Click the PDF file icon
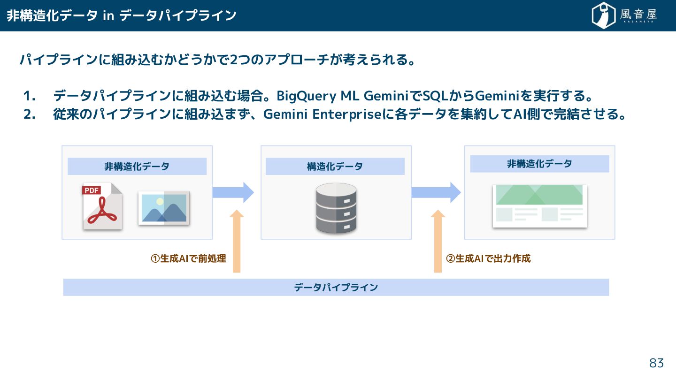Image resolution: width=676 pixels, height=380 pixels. click(x=102, y=206)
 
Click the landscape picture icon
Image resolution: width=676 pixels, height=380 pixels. click(x=164, y=208)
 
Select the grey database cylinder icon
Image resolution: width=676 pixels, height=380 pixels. click(x=336, y=208)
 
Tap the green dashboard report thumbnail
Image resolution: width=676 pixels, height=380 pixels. click(x=540, y=206)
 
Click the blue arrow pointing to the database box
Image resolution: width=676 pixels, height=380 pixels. click(x=233, y=192)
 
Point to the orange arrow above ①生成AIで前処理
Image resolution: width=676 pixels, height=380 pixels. click(x=237, y=241)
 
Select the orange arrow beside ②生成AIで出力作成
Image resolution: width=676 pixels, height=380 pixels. click(x=438, y=241)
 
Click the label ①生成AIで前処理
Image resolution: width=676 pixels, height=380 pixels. click(x=188, y=258)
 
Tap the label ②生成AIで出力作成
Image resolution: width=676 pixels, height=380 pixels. click(x=488, y=258)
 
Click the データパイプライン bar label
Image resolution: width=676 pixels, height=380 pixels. click(x=336, y=288)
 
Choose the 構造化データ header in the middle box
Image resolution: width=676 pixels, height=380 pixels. click(x=335, y=167)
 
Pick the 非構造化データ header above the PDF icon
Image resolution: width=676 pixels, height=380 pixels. click(x=137, y=167)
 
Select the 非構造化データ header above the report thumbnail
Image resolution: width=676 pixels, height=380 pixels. click(x=539, y=164)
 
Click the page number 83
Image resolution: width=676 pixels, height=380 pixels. click(x=656, y=363)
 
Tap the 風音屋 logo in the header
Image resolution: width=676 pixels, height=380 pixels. click(x=624, y=15)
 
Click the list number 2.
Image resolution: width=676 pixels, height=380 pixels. click(x=29, y=115)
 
